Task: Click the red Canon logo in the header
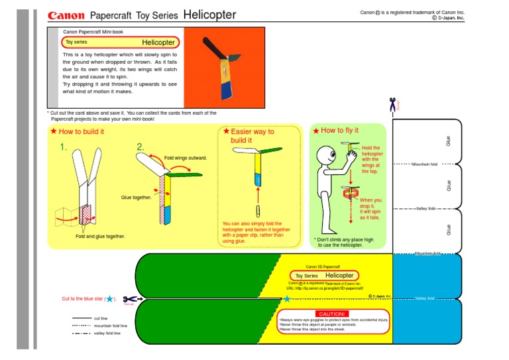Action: point(66,15)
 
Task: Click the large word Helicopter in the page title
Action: point(209,14)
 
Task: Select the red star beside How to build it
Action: point(54,131)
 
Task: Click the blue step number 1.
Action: point(64,147)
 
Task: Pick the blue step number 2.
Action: point(141,147)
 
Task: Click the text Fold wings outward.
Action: point(186,158)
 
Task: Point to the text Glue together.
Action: point(136,198)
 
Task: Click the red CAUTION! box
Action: point(331,314)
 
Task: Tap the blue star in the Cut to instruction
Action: point(110,299)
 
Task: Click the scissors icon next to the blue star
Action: point(129,300)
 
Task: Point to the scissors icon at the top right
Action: point(392,103)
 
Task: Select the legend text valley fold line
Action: point(107,333)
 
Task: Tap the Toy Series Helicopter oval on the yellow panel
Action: point(325,275)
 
